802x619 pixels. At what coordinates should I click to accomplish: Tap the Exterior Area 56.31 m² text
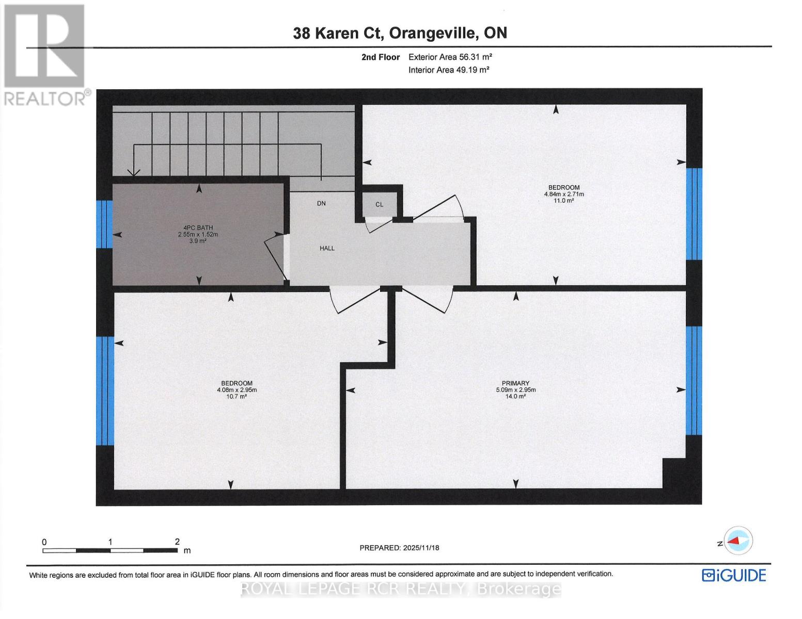[446, 57]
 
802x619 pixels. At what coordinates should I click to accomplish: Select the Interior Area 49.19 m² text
[448, 70]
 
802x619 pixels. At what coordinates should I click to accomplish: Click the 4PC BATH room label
[198, 227]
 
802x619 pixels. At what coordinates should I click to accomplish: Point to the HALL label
[327, 248]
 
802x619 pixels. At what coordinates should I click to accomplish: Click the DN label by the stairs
[321, 203]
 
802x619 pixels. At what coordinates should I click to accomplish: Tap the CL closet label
[380, 204]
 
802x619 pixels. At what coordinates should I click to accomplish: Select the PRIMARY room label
[515, 383]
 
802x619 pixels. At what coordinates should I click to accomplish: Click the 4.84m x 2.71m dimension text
[563, 194]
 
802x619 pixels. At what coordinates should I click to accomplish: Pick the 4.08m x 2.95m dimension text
[237, 390]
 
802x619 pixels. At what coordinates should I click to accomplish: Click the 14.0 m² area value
[515, 396]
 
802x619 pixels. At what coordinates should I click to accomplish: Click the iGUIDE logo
[734, 575]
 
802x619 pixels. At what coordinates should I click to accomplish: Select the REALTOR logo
[45, 54]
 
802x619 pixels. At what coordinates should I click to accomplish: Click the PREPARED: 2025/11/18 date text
[399, 548]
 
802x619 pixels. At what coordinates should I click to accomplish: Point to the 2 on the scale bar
[177, 542]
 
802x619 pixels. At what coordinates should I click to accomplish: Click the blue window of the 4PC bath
[104, 224]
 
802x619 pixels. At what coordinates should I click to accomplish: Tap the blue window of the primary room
[694, 381]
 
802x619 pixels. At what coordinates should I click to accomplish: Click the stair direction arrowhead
[134, 174]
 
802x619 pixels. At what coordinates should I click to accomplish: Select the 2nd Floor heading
[380, 57]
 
